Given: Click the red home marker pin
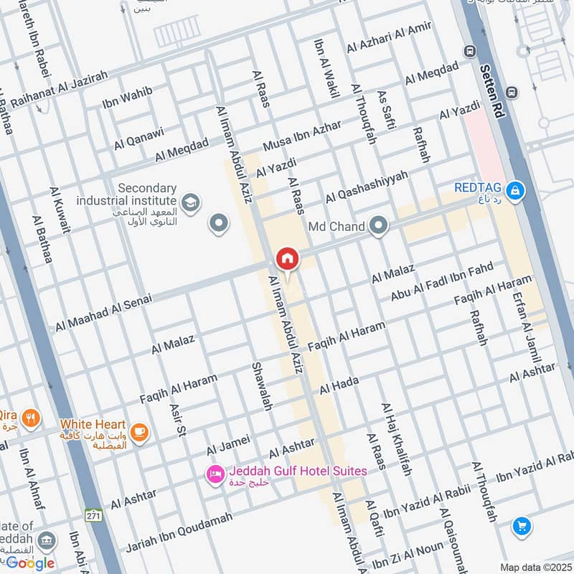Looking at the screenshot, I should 287,259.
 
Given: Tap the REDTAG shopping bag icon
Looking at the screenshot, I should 514,191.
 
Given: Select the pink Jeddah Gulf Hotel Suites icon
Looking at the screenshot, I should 215,474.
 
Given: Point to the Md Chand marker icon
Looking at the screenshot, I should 378,227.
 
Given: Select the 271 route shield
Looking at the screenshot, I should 93,515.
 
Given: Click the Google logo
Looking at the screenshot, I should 30,563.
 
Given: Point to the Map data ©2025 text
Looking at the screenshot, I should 535,567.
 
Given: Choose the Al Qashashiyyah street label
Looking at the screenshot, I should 366,187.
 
